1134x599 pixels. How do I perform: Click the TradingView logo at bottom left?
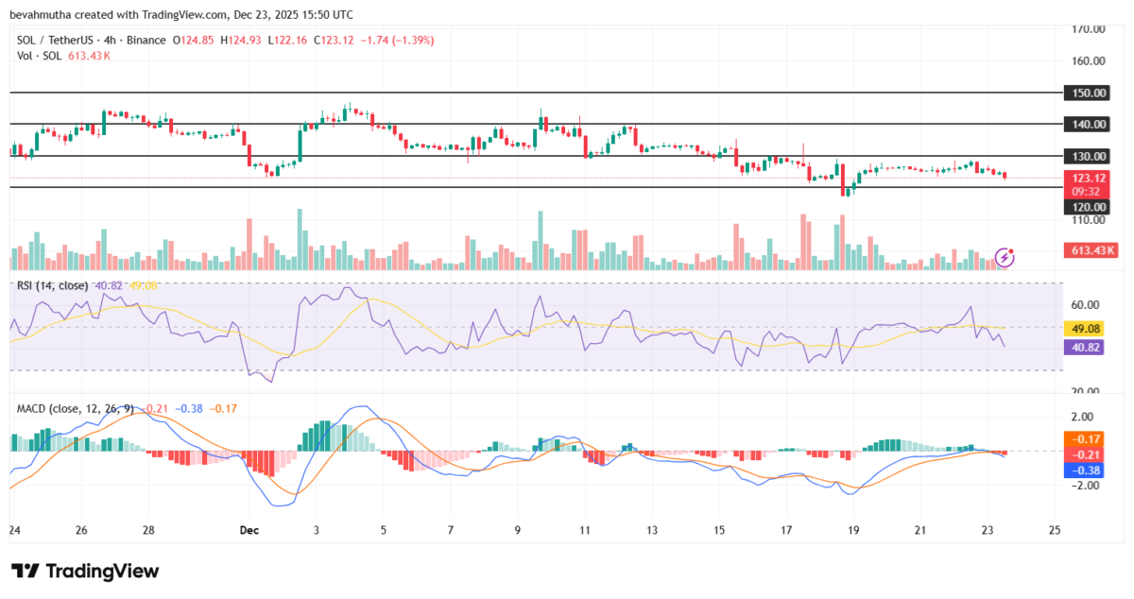tap(85, 571)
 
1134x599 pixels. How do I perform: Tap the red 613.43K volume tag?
tap(1090, 250)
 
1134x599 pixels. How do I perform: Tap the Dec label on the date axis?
tap(249, 530)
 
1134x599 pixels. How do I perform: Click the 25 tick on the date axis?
tap(1055, 530)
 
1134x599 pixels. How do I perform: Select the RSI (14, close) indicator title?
tap(53, 285)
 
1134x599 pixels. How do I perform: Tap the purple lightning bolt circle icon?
tap(1005, 256)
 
